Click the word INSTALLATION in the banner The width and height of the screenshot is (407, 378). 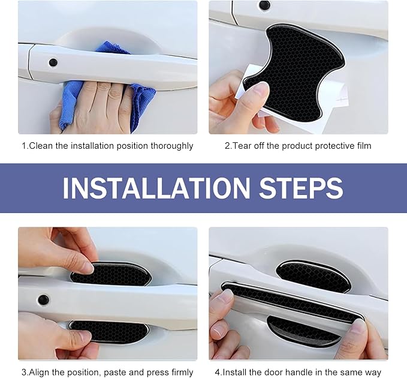click(x=156, y=188)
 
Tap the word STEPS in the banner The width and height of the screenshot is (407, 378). click(x=302, y=188)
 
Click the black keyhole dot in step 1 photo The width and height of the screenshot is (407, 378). click(x=53, y=62)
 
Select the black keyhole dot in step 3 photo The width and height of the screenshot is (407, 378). click(x=43, y=300)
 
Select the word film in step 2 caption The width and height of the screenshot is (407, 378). click(x=364, y=146)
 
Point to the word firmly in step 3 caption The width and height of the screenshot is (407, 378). click(x=182, y=373)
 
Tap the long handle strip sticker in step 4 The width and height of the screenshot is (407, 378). click(x=291, y=302)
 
